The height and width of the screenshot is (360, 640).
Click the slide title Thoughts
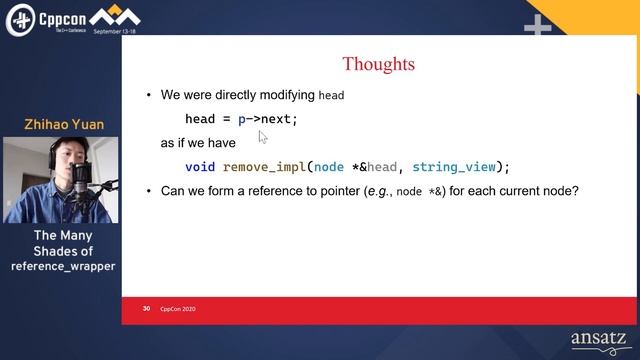[378, 65]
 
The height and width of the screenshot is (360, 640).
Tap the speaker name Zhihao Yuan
[64, 125]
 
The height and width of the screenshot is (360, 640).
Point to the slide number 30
[146, 309]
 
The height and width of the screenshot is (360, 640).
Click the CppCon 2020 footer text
[178, 309]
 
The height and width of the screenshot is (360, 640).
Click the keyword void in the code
[200, 167]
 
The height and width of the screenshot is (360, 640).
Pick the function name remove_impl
[265, 167]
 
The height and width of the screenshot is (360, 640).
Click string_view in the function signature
[453, 167]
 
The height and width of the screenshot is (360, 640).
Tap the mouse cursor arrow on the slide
[263, 137]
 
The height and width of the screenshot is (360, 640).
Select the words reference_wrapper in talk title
[64, 266]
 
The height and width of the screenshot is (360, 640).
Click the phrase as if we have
[198, 143]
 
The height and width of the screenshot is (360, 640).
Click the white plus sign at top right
[538, 27]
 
